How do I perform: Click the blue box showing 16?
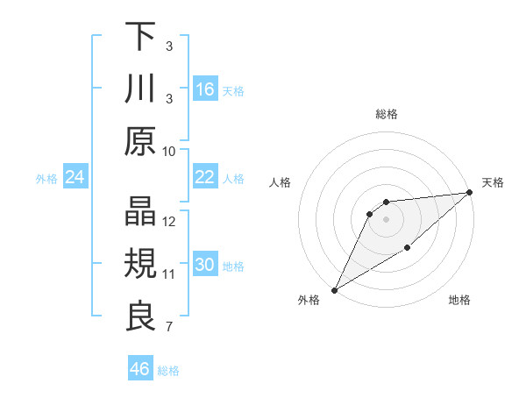pos(205,89)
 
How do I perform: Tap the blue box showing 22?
pos(205,177)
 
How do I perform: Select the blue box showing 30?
pos(205,265)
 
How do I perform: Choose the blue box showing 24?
pos(75,178)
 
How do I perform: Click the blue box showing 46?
pos(139,369)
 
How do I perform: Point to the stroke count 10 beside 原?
pos(169,152)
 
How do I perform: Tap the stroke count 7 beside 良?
pos(169,328)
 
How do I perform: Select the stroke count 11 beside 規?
pos(169,274)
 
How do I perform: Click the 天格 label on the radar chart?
pos(493,182)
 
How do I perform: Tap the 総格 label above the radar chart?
pos(387,114)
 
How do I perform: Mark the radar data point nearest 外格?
pos(334,290)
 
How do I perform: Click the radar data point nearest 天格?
pos(469,192)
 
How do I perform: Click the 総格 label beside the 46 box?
pos(168,370)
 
